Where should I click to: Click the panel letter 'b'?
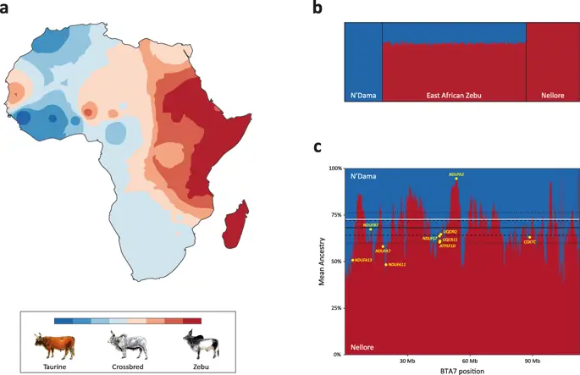point(317,9)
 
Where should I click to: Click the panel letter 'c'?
point(317,147)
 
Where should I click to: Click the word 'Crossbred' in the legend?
point(126,367)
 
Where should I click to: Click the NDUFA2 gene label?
point(456,174)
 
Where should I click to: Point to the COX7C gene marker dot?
point(529,238)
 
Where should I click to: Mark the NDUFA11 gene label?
point(397,265)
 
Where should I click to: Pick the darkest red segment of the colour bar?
point(192,321)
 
